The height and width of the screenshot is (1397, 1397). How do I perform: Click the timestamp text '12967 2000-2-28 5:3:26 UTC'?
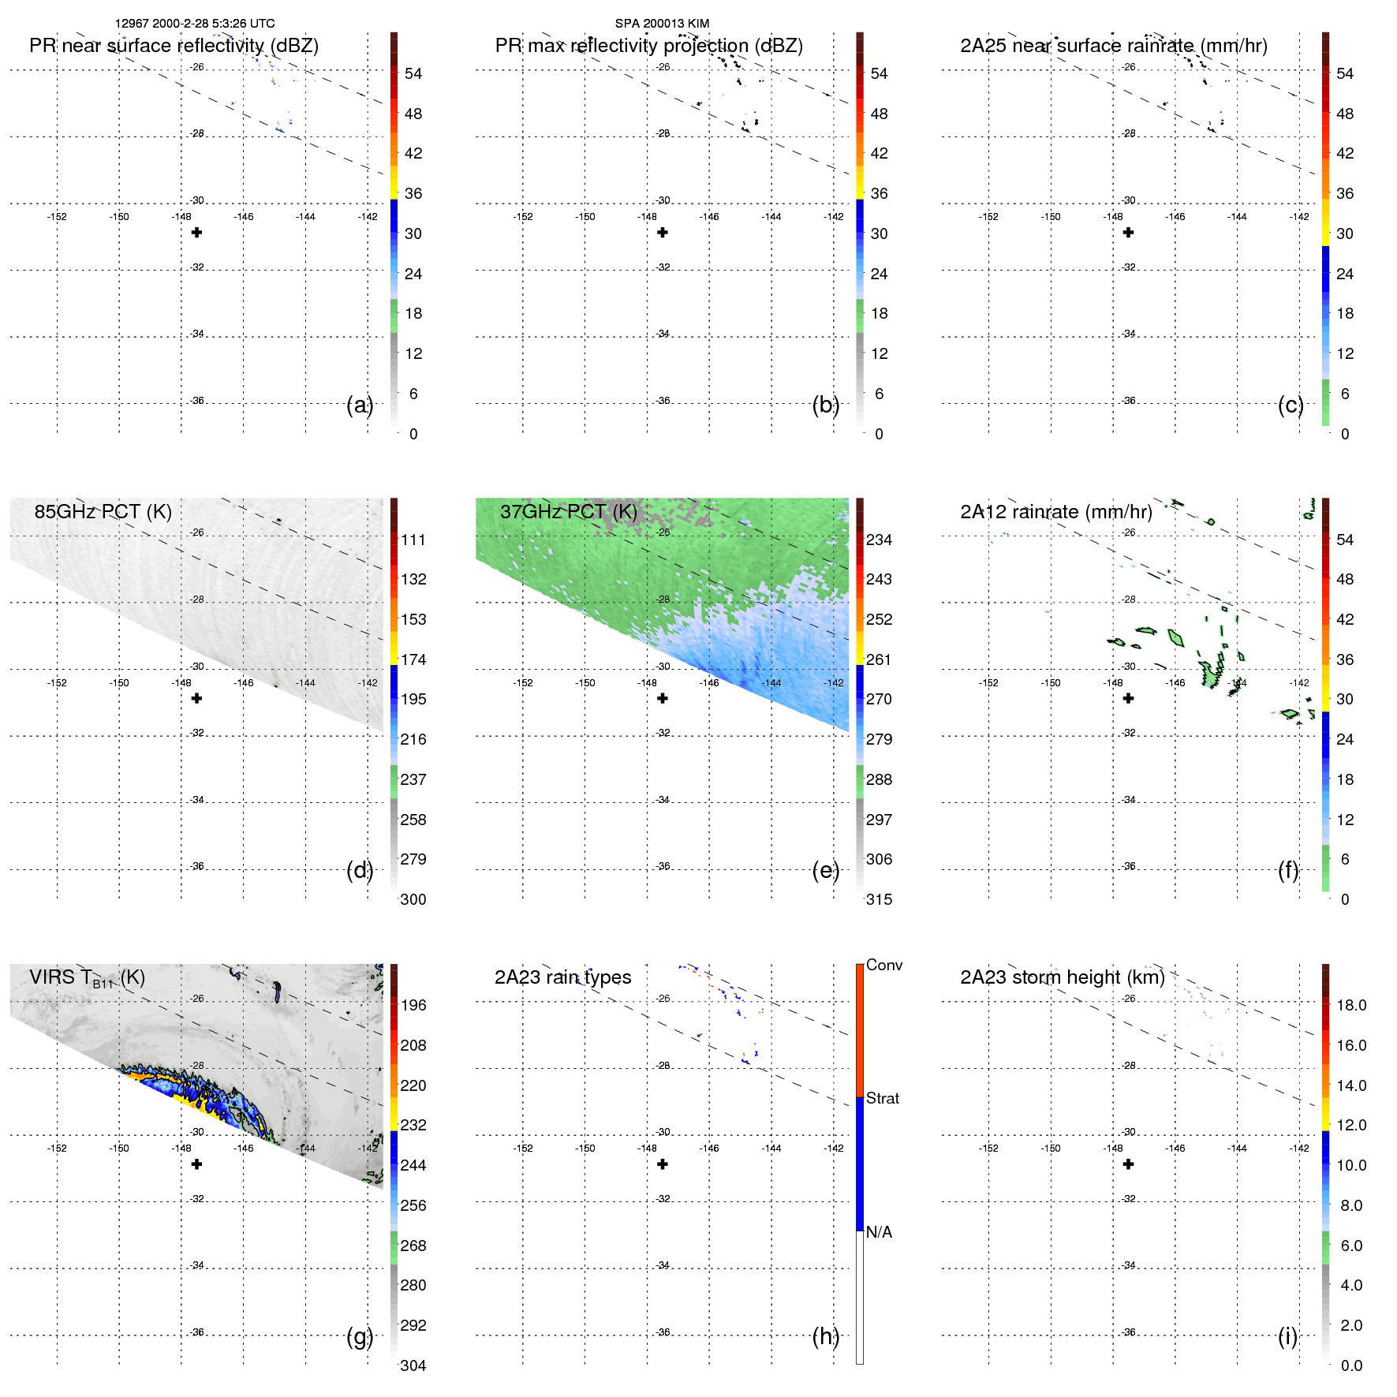(x=195, y=24)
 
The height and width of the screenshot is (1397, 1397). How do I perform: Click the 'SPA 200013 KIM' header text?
(x=662, y=24)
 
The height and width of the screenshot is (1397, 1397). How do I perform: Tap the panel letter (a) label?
(x=359, y=405)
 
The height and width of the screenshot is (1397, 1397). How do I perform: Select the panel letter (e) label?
(x=825, y=870)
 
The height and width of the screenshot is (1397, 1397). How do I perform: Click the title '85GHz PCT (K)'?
(x=103, y=511)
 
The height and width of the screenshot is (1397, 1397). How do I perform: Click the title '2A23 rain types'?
(x=562, y=977)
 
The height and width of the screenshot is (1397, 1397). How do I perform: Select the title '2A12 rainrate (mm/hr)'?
(x=1055, y=511)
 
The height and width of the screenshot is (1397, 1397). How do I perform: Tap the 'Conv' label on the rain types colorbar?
(x=883, y=965)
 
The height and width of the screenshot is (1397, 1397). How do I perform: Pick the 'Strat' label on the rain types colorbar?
(x=882, y=1098)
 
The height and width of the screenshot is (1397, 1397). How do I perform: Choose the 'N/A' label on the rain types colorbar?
(x=879, y=1232)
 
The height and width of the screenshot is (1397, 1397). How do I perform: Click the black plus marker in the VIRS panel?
(x=197, y=1164)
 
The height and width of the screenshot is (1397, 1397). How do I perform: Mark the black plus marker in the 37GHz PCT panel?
(x=663, y=698)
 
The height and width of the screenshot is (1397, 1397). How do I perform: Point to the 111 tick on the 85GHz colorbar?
(x=413, y=540)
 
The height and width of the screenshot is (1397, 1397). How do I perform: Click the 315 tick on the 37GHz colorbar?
(x=879, y=899)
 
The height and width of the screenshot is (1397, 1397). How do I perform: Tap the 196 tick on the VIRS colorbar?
(x=413, y=1005)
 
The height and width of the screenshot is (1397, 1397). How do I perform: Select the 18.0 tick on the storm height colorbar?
(x=1350, y=1005)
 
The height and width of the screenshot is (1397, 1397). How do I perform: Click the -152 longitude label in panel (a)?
(x=57, y=217)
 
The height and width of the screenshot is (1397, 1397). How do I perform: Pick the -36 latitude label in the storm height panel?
(x=1130, y=1332)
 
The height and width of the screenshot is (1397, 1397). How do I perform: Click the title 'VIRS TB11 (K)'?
(x=87, y=978)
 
